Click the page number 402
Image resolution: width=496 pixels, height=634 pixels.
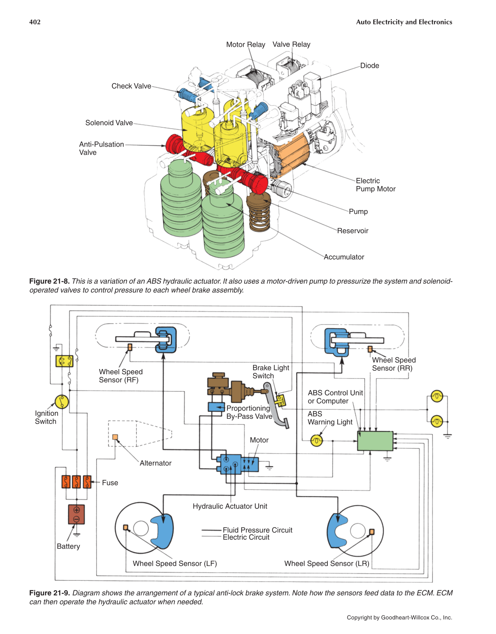coord(35,22)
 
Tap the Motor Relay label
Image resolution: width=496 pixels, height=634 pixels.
coord(245,45)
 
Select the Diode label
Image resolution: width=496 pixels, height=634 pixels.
coord(369,66)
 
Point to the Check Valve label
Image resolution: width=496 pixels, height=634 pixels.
coord(131,86)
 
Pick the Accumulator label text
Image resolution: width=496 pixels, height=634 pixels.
coord(344,257)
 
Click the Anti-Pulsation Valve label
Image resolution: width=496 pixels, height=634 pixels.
coord(101,148)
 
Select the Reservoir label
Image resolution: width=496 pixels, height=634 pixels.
coord(353,231)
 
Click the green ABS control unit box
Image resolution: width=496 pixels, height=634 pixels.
coord(375,441)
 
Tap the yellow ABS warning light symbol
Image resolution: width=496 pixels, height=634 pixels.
coord(317,441)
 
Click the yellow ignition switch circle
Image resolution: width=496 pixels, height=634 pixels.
coord(62,402)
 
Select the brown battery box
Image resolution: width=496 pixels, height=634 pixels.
coord(76,514)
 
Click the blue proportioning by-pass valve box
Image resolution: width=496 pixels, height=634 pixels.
coord(216,407)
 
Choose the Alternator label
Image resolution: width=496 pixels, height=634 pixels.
coord(155,463)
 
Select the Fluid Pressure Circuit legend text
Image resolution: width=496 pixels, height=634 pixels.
coord(257,530)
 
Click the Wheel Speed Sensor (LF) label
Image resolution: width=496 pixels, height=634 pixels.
coord(175,564)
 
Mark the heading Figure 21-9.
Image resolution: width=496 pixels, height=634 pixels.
coord(49,593)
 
